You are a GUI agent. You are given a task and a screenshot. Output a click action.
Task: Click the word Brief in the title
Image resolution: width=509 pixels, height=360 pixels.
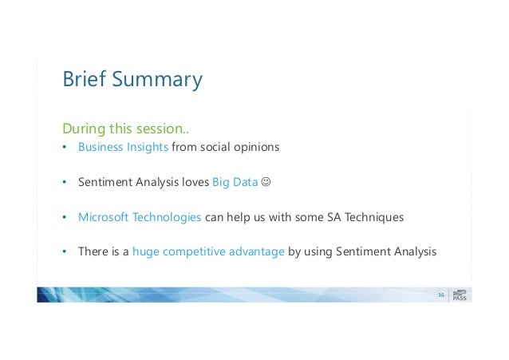(x=84, y=78)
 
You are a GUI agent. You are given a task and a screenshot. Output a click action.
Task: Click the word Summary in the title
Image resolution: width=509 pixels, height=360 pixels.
(x=157, y=80)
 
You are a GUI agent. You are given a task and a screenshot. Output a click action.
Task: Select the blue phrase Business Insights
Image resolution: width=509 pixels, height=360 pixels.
(x=123, y=147)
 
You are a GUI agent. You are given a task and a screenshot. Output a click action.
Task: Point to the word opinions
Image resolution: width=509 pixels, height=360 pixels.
(x=256, y=147)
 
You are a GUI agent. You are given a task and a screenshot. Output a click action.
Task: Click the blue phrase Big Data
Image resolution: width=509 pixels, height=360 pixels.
(x=235, y=182)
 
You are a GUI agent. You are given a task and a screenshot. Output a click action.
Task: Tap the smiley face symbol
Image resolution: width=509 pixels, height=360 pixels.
(x=266, y=182)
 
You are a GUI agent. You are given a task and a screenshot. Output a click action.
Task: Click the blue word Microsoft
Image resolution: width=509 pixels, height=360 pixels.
(x=104, y=216)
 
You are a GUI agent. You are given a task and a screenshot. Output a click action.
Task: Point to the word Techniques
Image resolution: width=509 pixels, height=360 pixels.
(x=374, y=217)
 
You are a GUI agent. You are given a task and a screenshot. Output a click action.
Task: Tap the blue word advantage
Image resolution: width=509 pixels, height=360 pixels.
(x=256, y=251)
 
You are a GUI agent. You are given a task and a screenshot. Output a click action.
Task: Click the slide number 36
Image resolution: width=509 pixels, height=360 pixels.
(x=441, y=295)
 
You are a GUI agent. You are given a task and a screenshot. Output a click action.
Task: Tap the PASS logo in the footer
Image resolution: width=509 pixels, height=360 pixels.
(x=460, y=295)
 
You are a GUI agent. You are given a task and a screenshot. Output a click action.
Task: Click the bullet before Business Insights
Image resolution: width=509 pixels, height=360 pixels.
(x=65, y=147)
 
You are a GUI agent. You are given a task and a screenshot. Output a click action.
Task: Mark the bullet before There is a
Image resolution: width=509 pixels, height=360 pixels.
(x=65, y=251)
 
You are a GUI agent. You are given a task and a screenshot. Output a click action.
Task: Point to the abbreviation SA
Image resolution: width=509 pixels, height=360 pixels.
(x=333, y=217)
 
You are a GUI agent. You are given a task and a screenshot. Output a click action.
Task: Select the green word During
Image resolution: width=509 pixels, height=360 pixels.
(x=84, y=129)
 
